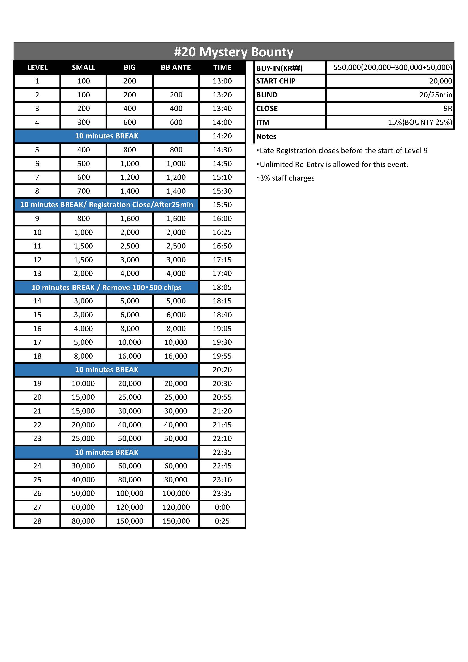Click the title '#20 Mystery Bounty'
click(x=234, y=52)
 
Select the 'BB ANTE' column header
click(x=176, y=67)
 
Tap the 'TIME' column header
click(x=222, y=67)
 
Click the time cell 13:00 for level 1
click(x=222, y=81)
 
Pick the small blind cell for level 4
click(x=83, y=122)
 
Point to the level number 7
click(x=37, y=177)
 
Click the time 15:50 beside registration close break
click(x=222, y=205)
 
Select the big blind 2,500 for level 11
click(x=129, y=246)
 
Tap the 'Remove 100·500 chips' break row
click(x=106, y=288)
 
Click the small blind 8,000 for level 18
click(x=83, y=356)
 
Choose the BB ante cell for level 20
click(x=176, y=397)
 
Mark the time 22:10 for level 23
click(x=222, y=438)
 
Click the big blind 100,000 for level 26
click(x=129, y=493)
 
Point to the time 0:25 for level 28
click(x=222, y=521)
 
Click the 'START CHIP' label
click(x=276, y=81)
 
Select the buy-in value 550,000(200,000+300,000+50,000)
click(x=392, y=67)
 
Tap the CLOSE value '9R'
click(x=448, y=108)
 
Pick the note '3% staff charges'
click(x=287, y=178)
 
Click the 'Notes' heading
click(x=266, y=136)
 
